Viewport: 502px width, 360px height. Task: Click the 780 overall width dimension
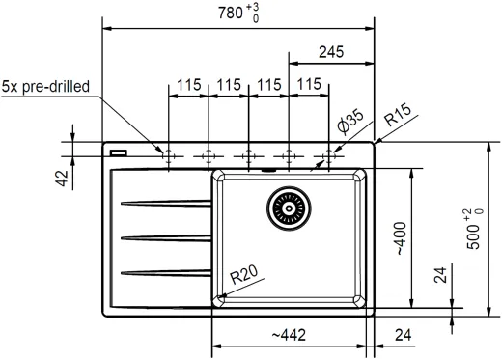(238, 14)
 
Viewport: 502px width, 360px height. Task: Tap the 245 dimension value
(331, 52)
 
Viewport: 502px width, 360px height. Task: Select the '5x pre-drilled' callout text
(45, 87)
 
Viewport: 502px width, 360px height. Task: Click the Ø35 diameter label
(350, 122)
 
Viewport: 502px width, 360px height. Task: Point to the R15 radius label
(398, 115)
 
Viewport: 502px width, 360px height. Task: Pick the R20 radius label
(244, 274)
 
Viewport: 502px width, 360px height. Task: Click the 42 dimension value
(62, 178)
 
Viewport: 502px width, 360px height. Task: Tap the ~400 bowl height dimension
(402, 238)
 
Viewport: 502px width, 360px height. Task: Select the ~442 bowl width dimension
(289, 335)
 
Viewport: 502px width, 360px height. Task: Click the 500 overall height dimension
(475, 229)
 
